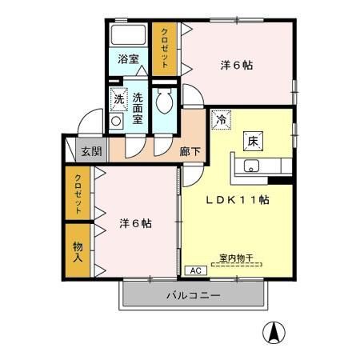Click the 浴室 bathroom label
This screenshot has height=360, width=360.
point(127,59)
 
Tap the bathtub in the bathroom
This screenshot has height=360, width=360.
point(127,35)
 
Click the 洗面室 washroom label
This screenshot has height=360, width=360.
point(138,107)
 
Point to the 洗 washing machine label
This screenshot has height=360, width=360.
point(118,100)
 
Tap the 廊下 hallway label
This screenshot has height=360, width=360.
point(190,150)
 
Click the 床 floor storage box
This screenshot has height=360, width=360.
point(250,139)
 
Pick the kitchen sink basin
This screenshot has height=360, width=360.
point(250,166)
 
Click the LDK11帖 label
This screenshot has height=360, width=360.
point(238,201)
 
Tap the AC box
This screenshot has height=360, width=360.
point(196,271)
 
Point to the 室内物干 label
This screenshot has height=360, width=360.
point(236,258)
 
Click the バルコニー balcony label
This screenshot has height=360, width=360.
point(193,295)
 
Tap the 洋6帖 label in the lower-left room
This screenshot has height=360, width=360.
point(136,224)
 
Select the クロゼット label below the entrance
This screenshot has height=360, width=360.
point(78,194)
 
